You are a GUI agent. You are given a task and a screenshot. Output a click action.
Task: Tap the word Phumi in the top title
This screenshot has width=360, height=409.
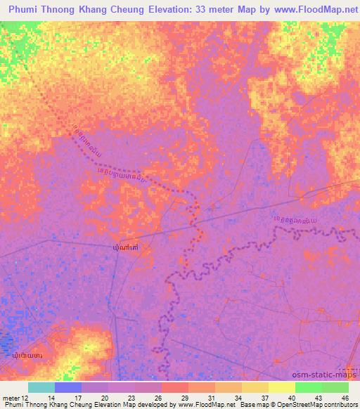click(24, 9)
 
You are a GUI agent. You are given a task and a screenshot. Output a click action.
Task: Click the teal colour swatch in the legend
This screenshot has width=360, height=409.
click(41, 387)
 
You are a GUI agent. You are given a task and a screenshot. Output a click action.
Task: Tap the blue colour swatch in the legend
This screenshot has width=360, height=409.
click(68, 387)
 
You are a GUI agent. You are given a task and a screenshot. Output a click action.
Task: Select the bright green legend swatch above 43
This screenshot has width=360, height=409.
click(309, 387)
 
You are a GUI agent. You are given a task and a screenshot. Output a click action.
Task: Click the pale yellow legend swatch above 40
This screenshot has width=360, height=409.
click(282, 387)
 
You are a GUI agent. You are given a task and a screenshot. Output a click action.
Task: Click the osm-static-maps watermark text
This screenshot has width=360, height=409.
click(314, 375)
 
